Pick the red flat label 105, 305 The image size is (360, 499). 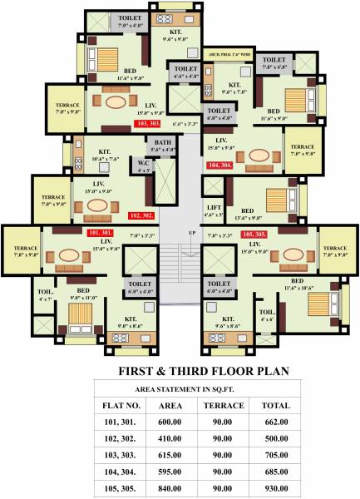click(x=254, y=235)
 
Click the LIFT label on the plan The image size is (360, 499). click(x=214, y=211)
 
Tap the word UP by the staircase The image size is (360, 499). click(x=193, y=232)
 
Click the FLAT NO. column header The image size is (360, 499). click(x=123, y=405)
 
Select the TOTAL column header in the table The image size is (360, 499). click(x=275, y=405)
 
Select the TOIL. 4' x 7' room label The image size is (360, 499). click(x=44, y=295)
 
